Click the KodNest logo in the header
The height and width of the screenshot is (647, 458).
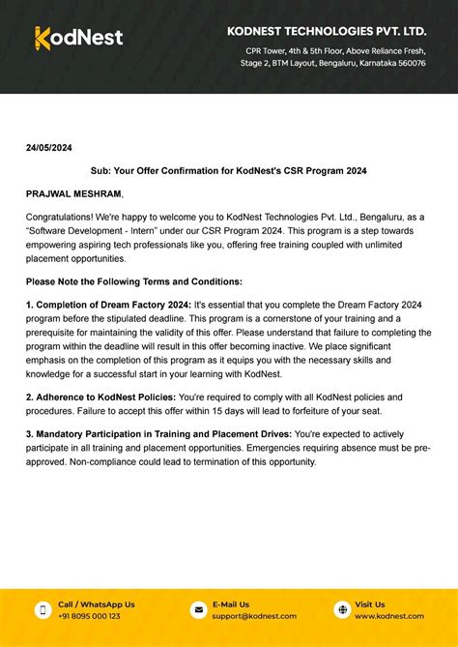(78, 38)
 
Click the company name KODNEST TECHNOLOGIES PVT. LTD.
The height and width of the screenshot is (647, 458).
(327, 31)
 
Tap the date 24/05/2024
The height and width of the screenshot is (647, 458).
(48, 147)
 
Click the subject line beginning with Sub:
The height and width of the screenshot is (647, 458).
(228, 170)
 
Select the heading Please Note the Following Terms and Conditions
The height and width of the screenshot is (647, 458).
(133, 280)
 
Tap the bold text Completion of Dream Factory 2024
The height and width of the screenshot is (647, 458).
(112, 304)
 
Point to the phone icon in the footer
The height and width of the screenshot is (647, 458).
(43, 609)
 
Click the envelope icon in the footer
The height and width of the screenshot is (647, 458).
(198, 609)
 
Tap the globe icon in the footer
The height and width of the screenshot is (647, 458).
(341, 609)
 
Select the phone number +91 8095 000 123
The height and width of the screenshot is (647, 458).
(89, 616)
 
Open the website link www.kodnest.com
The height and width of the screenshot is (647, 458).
(389, 616)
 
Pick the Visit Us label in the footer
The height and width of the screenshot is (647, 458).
(369, 604)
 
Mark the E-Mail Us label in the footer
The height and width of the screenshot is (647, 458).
(231, 604)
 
